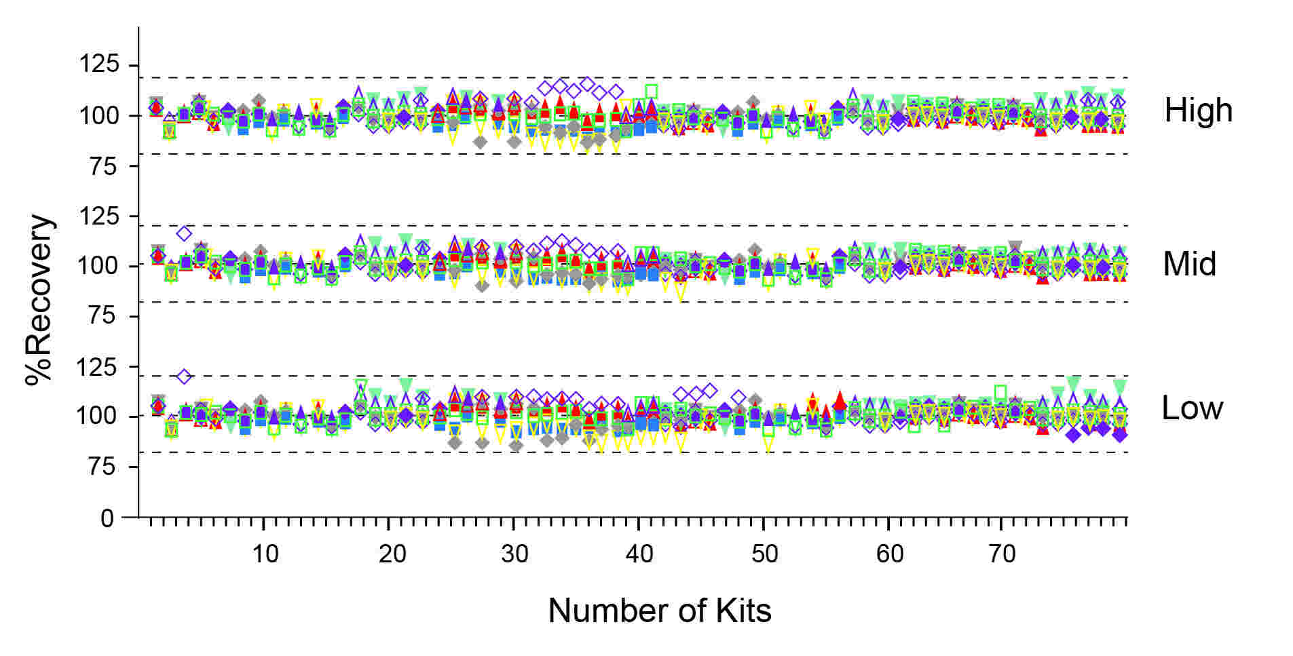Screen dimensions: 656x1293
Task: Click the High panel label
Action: click(1198, 110)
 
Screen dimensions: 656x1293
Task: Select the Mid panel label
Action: click(1189, 264)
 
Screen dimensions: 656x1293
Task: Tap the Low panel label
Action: click(1192, 408)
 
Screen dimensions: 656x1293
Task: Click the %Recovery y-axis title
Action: click(39, 300)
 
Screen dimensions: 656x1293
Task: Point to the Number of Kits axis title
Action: click(659, 611)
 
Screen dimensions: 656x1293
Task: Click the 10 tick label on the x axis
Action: click(265, 554)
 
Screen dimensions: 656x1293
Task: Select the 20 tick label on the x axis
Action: click(392, 554)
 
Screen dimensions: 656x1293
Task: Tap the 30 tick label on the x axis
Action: click(514, 554)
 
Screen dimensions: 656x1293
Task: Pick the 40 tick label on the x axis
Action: click(639, 554)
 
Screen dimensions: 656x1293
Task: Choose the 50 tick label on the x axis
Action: click(764, 554)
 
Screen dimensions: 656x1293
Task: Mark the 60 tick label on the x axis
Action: click(889, 554)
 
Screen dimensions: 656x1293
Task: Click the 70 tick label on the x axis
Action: click(1002, 554)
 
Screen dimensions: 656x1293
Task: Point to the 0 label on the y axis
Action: click(107, 519)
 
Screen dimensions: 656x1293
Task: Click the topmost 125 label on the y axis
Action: click(99, 64)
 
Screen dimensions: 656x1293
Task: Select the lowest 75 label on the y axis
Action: click(103, 467)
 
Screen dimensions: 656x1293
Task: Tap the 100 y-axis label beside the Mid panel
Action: click(99, 265)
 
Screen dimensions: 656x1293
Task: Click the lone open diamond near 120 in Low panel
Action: click(184, 376)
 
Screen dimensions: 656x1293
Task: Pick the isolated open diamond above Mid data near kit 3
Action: click(184, 233)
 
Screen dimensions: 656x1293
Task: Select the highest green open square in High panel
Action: click(652, 91)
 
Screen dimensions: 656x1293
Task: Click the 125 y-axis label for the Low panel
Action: click(99, 367)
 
